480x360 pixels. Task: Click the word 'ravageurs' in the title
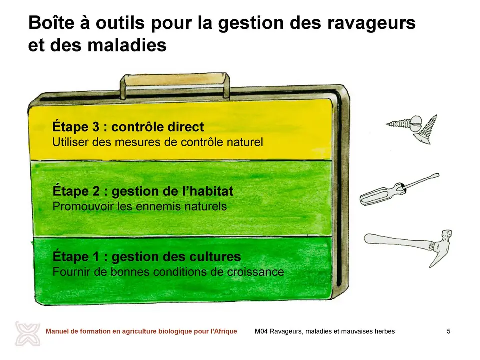371,23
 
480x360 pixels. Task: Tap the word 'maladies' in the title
127,45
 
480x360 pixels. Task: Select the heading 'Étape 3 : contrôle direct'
128,126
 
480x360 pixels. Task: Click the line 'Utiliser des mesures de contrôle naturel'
157,142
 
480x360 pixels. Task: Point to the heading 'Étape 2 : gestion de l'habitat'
143,191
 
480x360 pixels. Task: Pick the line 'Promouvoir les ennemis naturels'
140,206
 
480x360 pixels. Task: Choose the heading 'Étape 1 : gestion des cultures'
147,256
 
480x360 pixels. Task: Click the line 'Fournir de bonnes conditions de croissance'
168,272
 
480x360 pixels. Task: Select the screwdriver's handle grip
381,195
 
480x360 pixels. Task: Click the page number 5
449,331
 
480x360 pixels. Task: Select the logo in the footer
28,334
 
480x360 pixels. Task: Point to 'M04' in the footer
261,331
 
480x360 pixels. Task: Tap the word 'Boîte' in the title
51,23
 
